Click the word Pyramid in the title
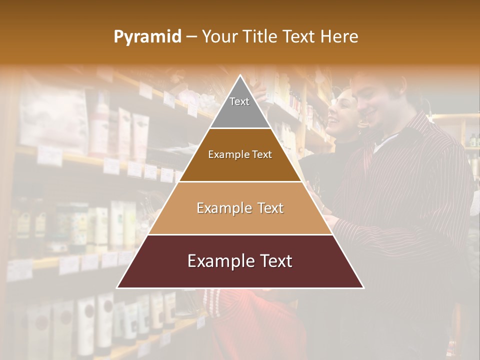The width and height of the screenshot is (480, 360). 147,36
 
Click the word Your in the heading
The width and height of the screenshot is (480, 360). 220,36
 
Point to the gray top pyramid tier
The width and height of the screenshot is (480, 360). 240,112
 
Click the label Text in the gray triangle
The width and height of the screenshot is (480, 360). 239,101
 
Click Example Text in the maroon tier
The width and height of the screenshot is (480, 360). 240,261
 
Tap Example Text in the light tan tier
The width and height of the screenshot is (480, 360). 240,208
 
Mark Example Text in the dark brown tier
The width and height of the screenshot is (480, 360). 240,154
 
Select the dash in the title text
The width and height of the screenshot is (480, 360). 191,36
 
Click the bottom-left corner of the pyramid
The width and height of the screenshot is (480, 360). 117,287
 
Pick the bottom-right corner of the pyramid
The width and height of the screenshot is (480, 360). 363,287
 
